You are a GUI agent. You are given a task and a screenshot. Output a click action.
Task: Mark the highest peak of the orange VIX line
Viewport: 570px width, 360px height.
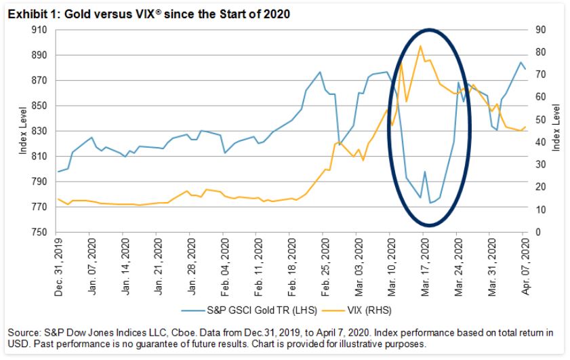point(421,46)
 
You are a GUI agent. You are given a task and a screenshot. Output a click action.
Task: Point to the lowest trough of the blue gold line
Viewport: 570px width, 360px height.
point(430,203)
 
